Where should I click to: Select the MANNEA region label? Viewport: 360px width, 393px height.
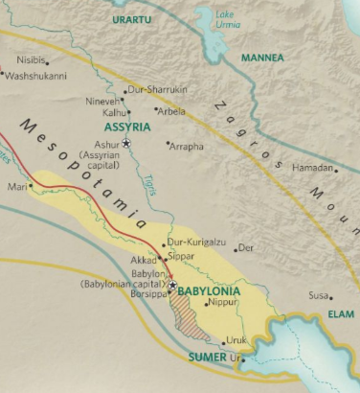click(x=262, y=58)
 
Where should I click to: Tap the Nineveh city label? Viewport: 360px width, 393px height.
click(x=104, y=101)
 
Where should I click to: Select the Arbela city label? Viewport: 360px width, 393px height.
click(x=173, y=111)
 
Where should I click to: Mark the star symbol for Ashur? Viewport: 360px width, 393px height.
click(x=126, y=143)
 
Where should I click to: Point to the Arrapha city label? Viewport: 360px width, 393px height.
click(x=186, y=146)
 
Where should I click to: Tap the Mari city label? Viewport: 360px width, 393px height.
click(x=16, y=187)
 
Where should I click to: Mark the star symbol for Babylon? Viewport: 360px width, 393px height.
click(x=172, y=285)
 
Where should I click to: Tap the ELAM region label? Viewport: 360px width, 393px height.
click(x=340, y=312)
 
